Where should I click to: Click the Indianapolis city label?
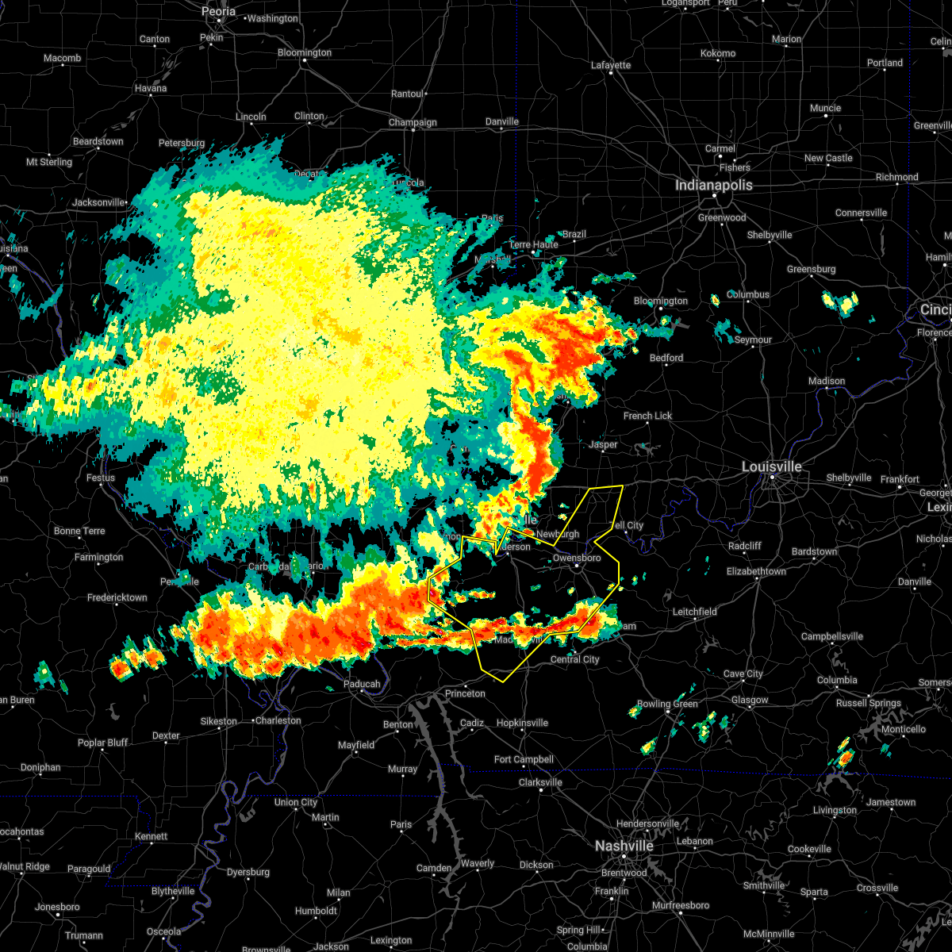pyautogui.click(x=713, y=185)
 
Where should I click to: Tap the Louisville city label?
pyautogui.click(x=771, y=466)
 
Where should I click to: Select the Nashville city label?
pyautogui.click(x=624, y=846)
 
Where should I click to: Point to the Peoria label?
pyautogui.click(x=218, y=12)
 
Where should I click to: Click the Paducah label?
pyautogui.click(x=362, y=684)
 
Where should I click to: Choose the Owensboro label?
pyautogui.click(x=576, y=559)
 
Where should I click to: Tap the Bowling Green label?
pyautogui.click(x=667, y=704)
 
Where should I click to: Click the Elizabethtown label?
pyautogui.click(x=757, y=571)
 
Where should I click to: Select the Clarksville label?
pyautogui.click(x=540, y=782)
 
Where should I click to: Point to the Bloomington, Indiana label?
pyautogui.click(x=661, y=301)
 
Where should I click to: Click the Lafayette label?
pyautogui.click(x=611, y=65)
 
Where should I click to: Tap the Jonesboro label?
pyautogui.click(x=57, y=907)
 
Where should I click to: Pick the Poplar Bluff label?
pyautogui.click(x=102, y=743)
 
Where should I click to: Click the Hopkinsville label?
pyautogui.click(x=522, y=723)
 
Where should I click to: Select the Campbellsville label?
pyautogui.click(x=832, y=636)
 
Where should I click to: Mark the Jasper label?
pyautogui.click(x=603, y=444)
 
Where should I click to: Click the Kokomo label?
pyautogui.click(x=717, y=53)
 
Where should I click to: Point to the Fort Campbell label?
pyautogui.click(x=524, y=759)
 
